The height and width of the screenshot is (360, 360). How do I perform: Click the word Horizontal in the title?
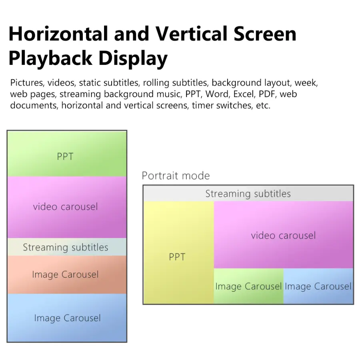coord(58,34)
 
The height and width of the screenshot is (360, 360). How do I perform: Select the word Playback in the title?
coord(50,58)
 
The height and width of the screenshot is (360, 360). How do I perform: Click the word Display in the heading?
coord(133,58)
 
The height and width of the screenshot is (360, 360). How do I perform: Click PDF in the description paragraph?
coord(267,94)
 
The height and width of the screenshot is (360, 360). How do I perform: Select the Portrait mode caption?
coord(176,176)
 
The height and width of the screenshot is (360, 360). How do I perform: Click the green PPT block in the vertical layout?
coord(67,154)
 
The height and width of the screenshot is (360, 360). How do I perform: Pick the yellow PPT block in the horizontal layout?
coord(179,252)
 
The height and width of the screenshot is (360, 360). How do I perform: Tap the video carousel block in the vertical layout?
coord(67,207)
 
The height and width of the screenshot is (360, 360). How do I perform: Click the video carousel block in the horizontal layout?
coord(284,235)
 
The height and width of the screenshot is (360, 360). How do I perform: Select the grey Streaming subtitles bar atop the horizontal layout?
coord(248,194)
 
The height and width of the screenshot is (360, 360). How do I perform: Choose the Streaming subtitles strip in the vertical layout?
coord(67,247)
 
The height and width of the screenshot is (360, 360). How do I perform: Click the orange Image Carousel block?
coord(67,275)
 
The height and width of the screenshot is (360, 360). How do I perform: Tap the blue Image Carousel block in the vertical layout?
coord(67,318)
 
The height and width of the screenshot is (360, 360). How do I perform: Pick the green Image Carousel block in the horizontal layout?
coord(249,286)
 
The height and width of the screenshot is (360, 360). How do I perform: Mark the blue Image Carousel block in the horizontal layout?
coord(318,286)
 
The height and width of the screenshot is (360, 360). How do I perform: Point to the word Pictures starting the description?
coord(27,83)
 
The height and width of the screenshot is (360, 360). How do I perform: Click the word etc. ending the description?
coord(263,106)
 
